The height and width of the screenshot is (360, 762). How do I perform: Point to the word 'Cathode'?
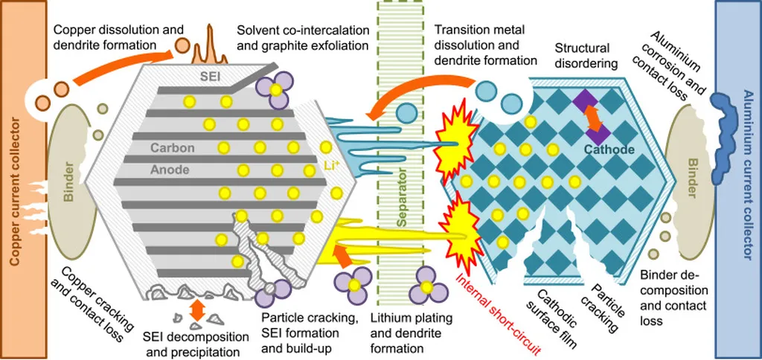609,150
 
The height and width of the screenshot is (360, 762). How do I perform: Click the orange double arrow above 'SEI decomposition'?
197,308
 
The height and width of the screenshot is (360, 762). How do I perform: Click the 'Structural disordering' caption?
586,57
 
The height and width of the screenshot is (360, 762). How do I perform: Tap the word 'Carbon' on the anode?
172,147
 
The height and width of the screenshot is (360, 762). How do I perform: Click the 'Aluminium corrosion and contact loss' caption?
675,65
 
